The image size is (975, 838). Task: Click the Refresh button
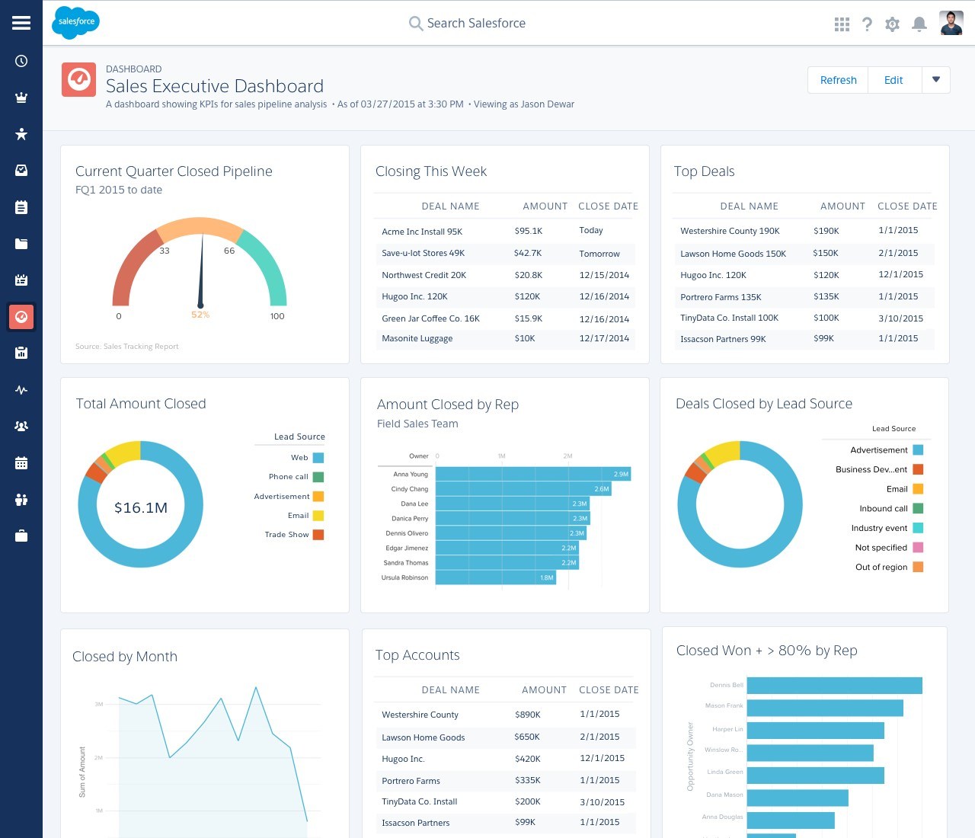[838, 80]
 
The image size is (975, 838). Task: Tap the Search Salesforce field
[476, 24]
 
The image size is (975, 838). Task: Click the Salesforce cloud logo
[76, 22]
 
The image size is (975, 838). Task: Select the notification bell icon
[919, 24]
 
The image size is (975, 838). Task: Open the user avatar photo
[951, 24]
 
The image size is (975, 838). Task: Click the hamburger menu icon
[21, 23]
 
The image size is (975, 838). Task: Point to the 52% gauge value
[200, 315]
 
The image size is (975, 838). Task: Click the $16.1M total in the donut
[141, 507]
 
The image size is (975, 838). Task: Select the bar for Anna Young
[533, 474]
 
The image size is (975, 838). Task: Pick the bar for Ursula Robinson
[496, 577]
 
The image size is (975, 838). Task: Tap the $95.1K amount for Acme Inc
[528, 231]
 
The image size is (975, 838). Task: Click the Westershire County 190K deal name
[730, 231]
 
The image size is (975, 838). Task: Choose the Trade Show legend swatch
[318, 535]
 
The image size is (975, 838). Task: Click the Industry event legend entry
[879, 528]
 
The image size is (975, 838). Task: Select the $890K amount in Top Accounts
[527, 715]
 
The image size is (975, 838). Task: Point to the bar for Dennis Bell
[834, 686]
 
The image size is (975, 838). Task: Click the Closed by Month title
[125, 657]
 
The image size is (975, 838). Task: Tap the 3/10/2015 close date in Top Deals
[900, 318]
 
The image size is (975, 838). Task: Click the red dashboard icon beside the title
[78, 80]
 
